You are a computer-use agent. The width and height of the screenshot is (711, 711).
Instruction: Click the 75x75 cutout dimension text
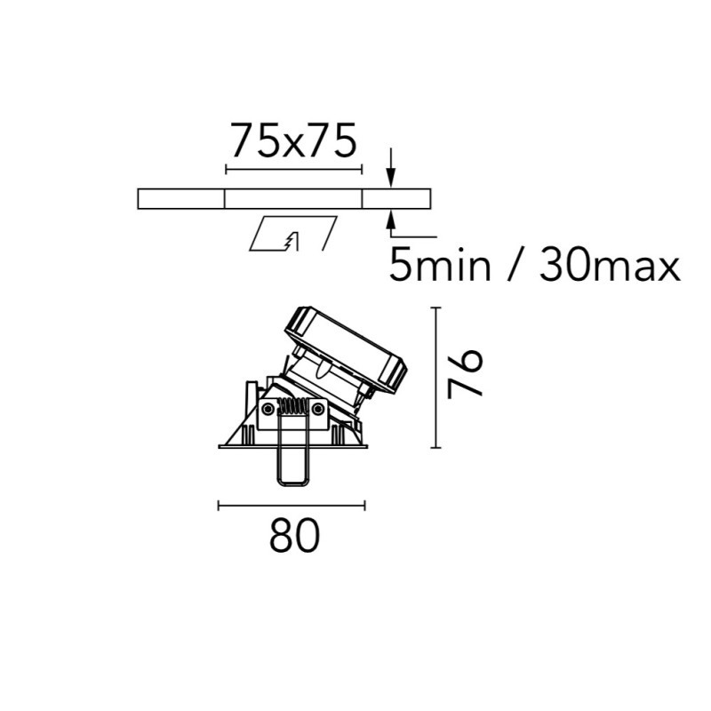(x=293, y=140)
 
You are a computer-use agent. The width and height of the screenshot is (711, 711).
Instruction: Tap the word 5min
(x=440, y=266)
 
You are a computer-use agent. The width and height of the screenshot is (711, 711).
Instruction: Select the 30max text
(x=610, y=266)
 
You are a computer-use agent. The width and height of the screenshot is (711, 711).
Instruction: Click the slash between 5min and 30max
(x=515, y=266)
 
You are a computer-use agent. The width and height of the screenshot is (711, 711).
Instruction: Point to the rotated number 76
(x=464, y=373)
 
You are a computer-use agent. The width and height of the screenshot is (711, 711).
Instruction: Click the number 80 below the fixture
(x=295, y=535)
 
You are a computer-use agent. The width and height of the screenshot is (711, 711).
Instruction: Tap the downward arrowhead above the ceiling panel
(x=392, y=179)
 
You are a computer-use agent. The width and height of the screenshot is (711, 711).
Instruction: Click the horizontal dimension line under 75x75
(x=294, y=170)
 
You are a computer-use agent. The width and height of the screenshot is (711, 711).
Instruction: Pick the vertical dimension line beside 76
(x=435, y=378)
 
